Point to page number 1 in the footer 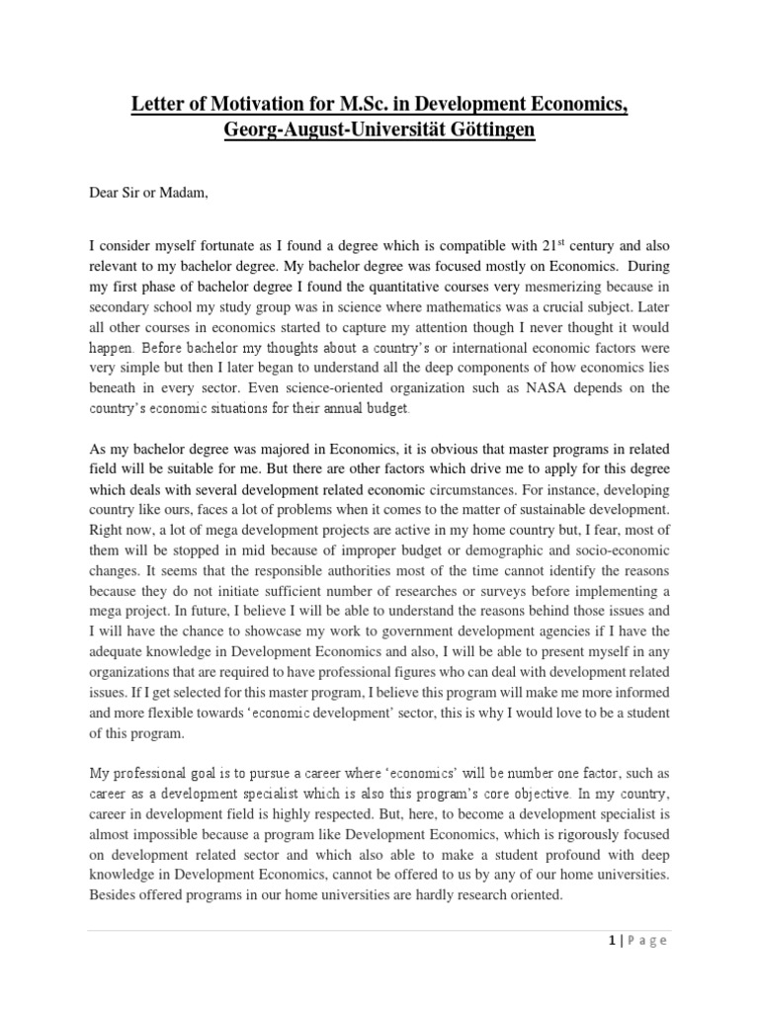click(611, 941)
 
